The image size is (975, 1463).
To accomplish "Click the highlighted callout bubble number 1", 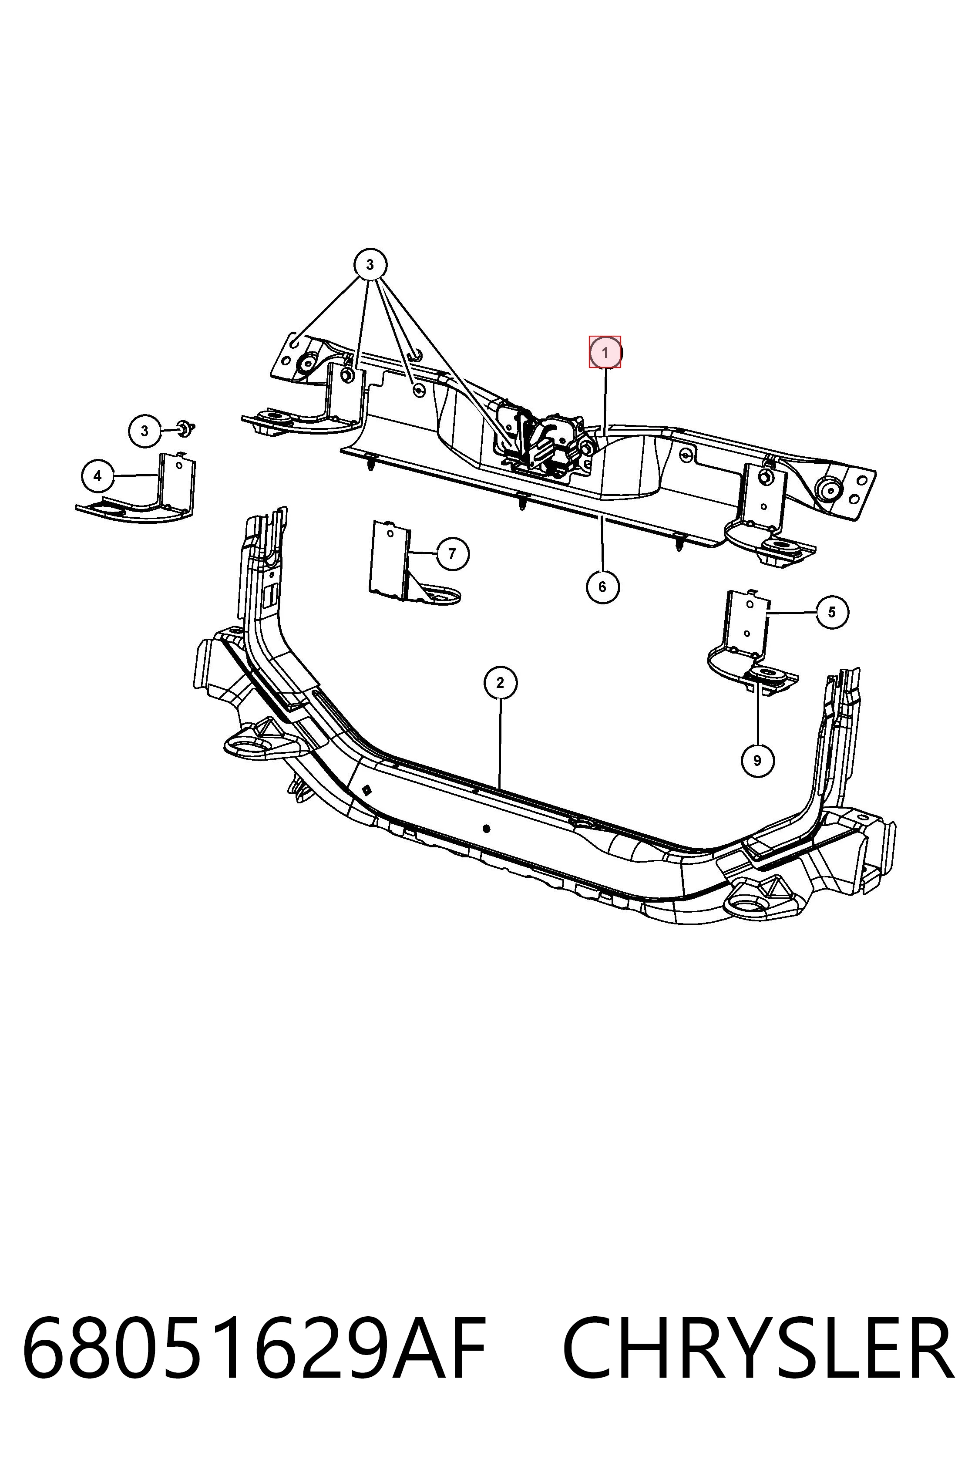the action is pos(605,353).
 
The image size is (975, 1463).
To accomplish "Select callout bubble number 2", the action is pos(501,683).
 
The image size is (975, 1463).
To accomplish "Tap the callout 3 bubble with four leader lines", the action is pos(370,265).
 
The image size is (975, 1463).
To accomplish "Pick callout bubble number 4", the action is pos(97,476).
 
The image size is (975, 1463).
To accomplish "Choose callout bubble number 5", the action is pos(832,612).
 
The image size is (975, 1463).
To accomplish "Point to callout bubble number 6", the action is pos(602,587).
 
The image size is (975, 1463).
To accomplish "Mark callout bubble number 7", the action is pos(452,553).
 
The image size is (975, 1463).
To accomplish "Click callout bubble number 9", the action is pos(757,760).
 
